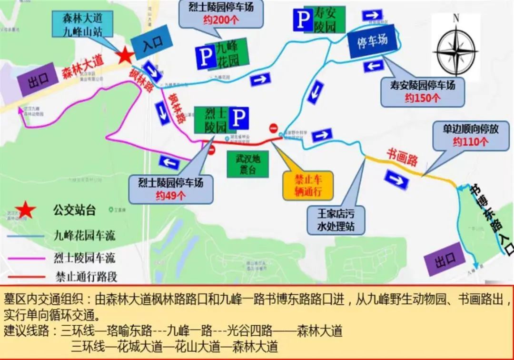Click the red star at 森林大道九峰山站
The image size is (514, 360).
tap(125, 55)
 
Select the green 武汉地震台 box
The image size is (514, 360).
tap(247, 163)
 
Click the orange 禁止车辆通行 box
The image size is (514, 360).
tap(308, 186)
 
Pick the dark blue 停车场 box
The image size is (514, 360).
tap(372, 41)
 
